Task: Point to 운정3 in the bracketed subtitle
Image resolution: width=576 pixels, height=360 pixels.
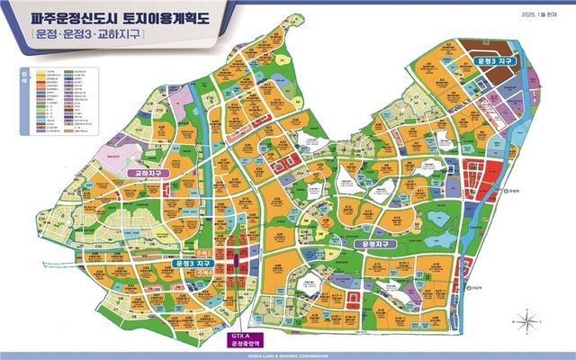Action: pyautogui.click(x=79, y=34)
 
